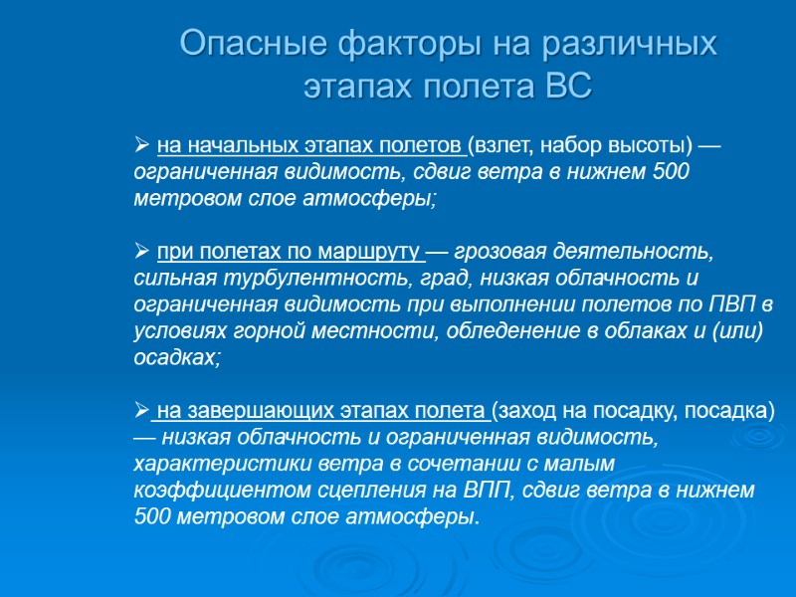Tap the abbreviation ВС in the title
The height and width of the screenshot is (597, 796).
coord(568,87)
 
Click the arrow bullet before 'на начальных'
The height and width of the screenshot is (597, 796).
coord(141,147)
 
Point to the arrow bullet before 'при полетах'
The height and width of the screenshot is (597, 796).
coord(141,249)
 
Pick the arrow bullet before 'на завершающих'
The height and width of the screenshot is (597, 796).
coord(141,410)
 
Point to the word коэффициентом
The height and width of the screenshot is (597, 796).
coord(210,491)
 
